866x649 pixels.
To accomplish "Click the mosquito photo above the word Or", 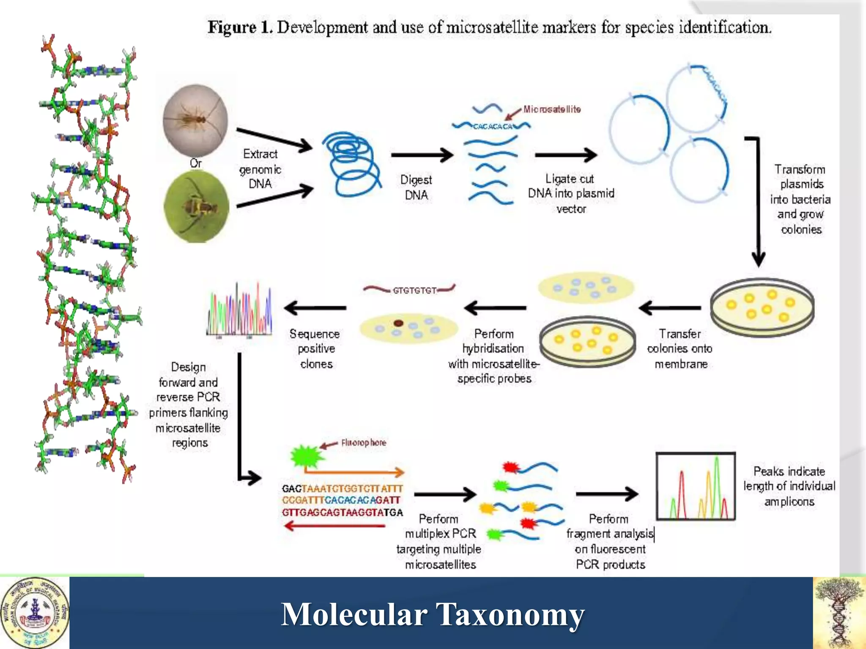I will point(195,120).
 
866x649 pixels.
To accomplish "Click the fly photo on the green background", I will point(196,207).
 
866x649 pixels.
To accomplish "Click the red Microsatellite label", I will point(551,109).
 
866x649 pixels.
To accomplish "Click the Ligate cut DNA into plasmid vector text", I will point(571,194).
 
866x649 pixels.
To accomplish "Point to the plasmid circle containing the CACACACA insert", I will point(696,98).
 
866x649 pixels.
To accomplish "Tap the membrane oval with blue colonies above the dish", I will point(586,287).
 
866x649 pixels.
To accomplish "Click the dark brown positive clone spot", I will point(398,323).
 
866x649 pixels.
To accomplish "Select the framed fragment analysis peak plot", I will point(696,486).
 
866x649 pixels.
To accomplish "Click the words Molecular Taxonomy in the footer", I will point(433,614).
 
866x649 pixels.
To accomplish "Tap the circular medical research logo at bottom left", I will point(35,613).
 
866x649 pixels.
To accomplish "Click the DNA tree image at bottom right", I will point(839,613).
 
